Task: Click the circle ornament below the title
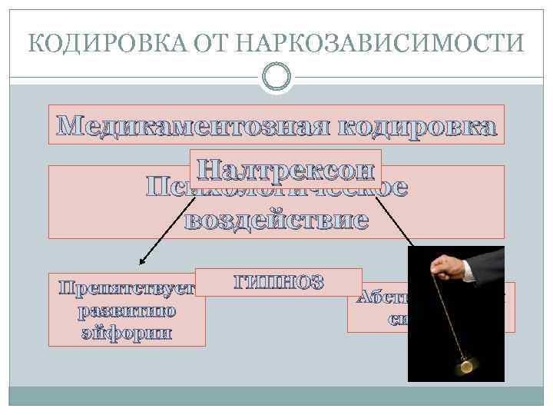[276, 76]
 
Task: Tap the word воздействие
[276, 221]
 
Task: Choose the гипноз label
[279, 282]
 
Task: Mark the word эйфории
[127, 334]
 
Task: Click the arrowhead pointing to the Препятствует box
[141, 263]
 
